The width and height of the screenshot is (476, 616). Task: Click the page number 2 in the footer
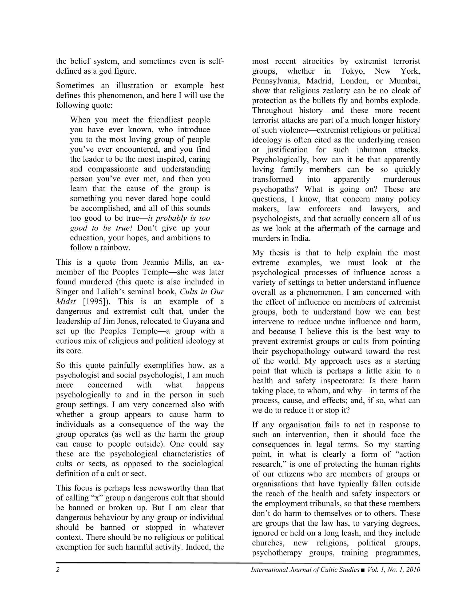(x=58, y=570)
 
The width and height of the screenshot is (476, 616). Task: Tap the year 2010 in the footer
(x=413, y=570)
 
